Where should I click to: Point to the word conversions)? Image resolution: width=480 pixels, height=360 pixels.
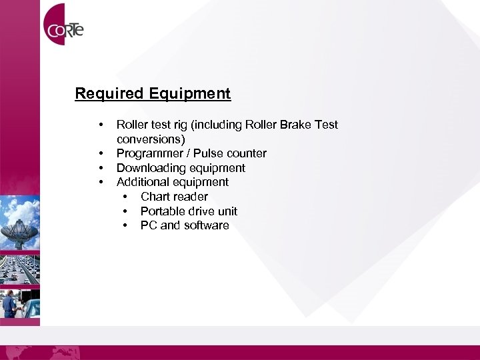point(151,139)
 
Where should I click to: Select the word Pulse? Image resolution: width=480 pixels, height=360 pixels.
point(209,153)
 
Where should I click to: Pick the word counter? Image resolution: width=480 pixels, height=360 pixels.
point(247,153)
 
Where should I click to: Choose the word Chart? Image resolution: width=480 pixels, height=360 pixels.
point(155,197)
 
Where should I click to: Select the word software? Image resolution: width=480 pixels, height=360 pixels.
point(206,225)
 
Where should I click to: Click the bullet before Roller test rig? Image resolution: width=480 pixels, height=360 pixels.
point(100,125)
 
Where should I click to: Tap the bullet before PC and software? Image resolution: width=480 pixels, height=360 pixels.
point(125,225)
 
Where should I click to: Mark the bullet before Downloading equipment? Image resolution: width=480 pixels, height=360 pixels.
point(100,168)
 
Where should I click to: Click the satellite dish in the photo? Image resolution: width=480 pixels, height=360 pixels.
point(19,223)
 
